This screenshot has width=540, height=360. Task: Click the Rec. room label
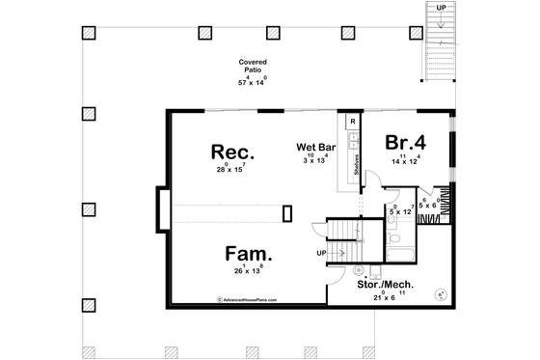pos(232,152)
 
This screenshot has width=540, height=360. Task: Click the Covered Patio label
pos(254,68)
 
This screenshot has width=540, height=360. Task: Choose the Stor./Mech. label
pos(383,285)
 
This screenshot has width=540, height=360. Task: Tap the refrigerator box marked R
pos(353,122)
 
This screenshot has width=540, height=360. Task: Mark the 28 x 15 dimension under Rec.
pos(232,170)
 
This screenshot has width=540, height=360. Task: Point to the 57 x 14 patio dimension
pos(254,83)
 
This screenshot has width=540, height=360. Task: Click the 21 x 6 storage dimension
pos(383,297)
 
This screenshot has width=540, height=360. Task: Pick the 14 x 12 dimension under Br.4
pos(408,160)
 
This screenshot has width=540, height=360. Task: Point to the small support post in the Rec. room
pos(287,213)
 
